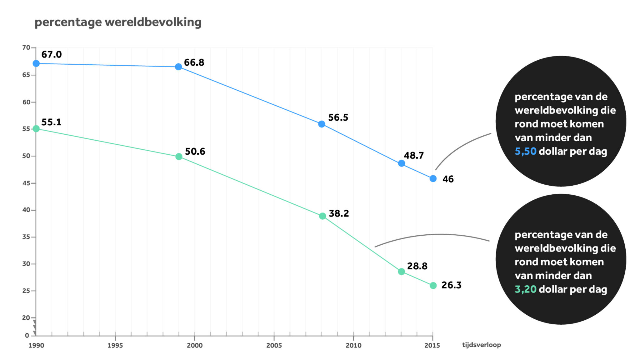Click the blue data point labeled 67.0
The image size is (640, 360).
pos(36,64)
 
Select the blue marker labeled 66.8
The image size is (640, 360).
pos(178,67)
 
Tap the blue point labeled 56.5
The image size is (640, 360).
pos(322,124)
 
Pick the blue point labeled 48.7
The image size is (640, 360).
pos(402,163)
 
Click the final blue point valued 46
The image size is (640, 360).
pos(433,179)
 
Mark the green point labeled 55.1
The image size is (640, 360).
pos(36,129)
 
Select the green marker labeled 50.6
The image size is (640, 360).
pos(179,157)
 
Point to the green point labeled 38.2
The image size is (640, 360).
pos(322,216)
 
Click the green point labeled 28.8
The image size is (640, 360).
pos(402,272)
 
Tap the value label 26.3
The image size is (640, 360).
pos(451,285)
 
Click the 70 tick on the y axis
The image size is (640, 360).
pos(26,47)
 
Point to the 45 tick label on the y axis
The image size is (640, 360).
pos(26,183)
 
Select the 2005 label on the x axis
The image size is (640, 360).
pos(274,345)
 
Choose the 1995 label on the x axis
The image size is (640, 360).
pos(115,345)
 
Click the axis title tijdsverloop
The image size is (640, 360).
pos(481,345)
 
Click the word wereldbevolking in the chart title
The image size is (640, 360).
pos(153,22)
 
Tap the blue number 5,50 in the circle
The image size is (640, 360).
pos(525,151)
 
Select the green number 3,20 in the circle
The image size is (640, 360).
pos(525,289)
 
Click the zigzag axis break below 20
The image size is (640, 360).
pos(35,327)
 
